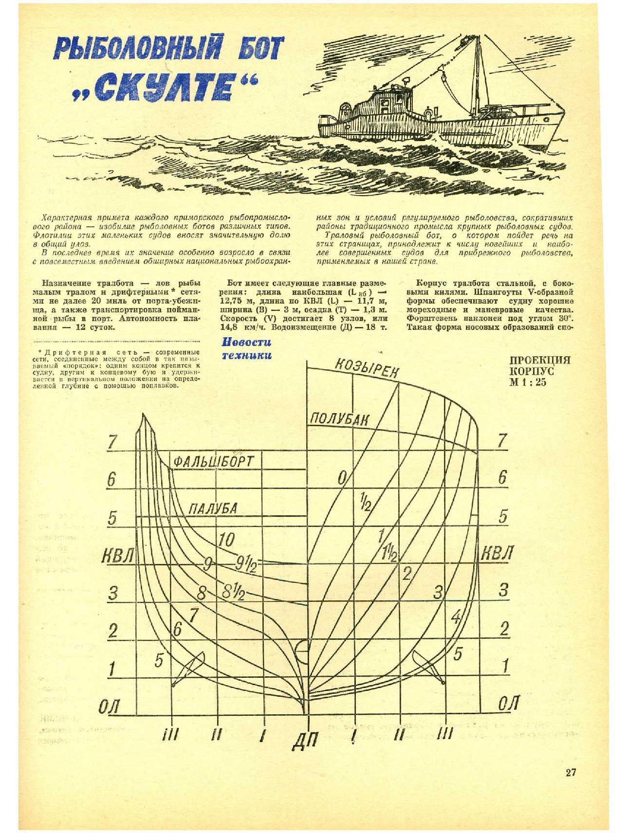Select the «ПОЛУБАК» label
[340, 420]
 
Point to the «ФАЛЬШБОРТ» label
[214, 461]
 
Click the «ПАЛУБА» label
[213, 508]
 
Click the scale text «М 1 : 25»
[528, 382]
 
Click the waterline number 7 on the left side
[113, 441]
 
